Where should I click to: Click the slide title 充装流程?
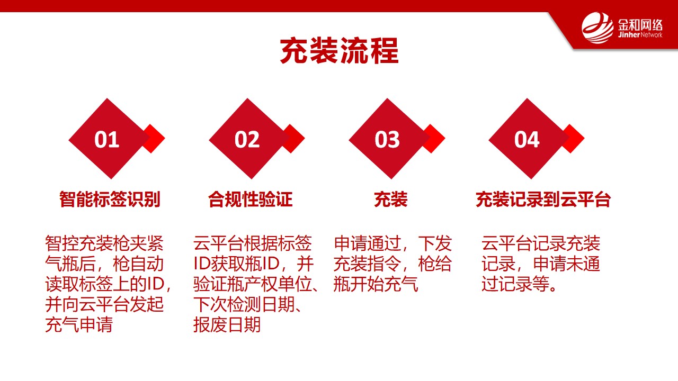(339, 50)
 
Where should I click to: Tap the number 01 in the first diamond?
(107, 140)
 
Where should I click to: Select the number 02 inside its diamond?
(247, 140)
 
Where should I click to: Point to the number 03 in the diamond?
(387, 140)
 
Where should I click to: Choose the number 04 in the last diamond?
(527, 140)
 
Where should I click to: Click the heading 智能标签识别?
(110, 199)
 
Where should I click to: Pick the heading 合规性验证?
(251, 199)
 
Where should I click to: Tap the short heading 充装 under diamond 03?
(391, 199)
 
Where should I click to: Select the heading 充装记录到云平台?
(543, 199)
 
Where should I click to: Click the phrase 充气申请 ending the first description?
(79, 325)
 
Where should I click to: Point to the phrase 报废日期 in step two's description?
(227, 325)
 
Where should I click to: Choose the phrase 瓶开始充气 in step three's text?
(376, 284)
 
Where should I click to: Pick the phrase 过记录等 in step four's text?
(515, 284)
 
